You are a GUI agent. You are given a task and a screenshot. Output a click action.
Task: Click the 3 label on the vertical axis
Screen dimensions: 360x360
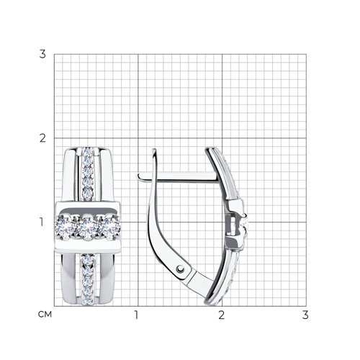point(42,54)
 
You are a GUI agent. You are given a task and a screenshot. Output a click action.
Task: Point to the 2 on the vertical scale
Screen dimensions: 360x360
point(42,138)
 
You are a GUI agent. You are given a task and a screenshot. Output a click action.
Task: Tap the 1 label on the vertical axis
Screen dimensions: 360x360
point(42,222)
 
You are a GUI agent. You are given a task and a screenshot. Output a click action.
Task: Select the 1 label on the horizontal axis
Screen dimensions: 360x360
point(136,315)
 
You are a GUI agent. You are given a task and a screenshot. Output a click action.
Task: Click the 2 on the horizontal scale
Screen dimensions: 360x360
point(221,315)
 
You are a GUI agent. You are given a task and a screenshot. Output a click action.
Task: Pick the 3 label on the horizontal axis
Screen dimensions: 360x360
point(305,315)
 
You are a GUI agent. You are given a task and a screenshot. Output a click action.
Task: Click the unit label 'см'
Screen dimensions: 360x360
point(45,315)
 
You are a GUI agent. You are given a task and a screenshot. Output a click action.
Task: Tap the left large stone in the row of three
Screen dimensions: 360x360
point(65,227)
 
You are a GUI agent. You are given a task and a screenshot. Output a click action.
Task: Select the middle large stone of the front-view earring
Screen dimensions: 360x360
point(87,228)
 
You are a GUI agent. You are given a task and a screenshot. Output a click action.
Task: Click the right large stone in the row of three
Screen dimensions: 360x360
point(109,228)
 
